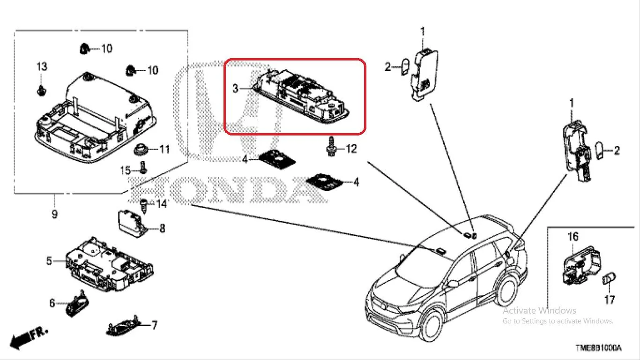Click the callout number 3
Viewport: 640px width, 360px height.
235,88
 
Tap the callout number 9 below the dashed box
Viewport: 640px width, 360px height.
54,214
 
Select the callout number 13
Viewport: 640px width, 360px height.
42,67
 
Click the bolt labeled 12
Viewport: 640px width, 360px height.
331,146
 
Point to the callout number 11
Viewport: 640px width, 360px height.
164,149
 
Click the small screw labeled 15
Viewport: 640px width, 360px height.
143,167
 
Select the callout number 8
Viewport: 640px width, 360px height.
162,228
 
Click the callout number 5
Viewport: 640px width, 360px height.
49,261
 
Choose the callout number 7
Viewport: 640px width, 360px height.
154,325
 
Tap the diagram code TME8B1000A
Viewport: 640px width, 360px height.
598,348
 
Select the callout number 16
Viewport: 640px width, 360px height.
573,236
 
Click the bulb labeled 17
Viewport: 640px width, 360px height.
609,278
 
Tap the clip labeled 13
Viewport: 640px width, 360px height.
42,90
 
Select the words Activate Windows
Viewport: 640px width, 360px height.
539,310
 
